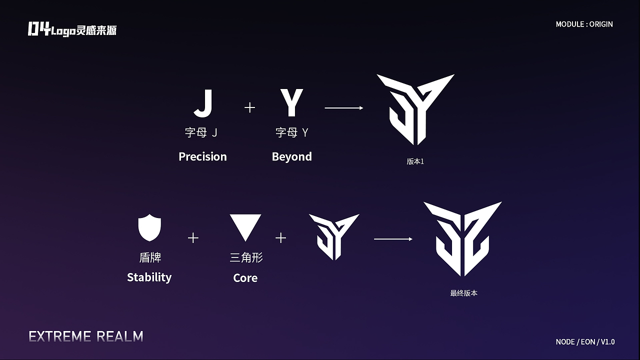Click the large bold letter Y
coord(291,102)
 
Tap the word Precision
coord(202,156)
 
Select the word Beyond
coord(291,156)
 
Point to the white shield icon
coord(149,227)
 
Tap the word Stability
coord(149,277)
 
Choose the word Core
coord(245,278)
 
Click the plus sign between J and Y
coord(249,107)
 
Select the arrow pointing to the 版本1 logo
coord(344,107)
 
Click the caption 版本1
coord(415,161)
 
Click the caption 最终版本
coord(463,293)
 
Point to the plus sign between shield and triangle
coord(193,238)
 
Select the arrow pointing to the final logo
coord(393,239)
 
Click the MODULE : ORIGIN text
coord(584,24)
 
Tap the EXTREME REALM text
coord(86,336)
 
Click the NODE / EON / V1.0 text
coord(585,341)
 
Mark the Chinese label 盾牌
coord(150,257)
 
